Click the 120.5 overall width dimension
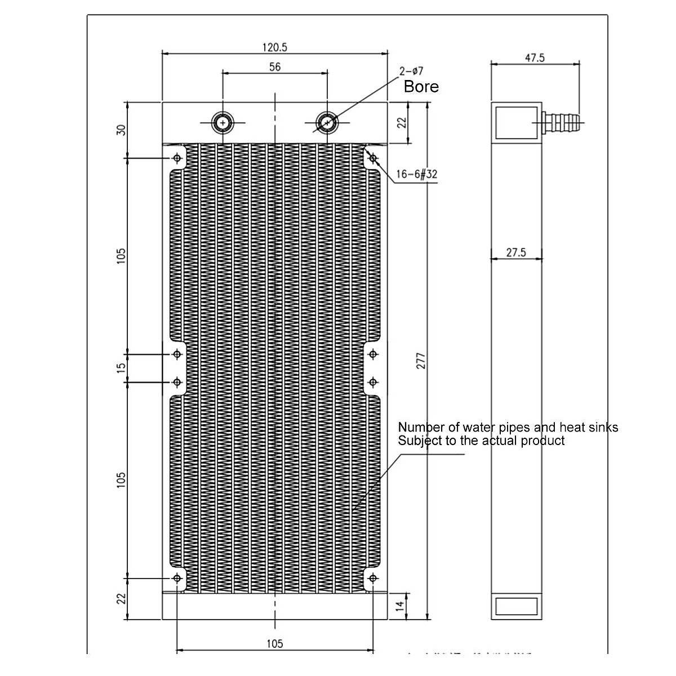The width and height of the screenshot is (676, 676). click(275, 48)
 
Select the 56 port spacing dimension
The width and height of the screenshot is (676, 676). click(275, 67)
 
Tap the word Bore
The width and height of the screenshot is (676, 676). click(421, 87)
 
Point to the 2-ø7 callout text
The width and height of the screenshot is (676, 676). click(411, 72)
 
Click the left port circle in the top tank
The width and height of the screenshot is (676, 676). click(223, 122)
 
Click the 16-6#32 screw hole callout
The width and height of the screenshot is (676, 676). click(416, 175)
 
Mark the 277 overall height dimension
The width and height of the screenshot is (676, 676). click(420, 361)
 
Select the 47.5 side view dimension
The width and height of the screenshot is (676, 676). click(535, 58)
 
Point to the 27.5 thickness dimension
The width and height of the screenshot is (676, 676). click(515, 253)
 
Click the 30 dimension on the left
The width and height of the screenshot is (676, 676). click(121, 130)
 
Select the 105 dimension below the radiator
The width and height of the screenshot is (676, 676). click(274, 643)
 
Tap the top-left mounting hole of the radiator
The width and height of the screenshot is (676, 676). click(177, 158)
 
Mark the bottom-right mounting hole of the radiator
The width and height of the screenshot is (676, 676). click(372, 578)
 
